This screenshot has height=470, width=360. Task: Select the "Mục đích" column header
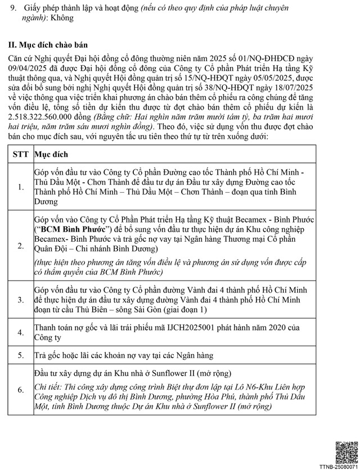[x=52, y=153]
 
